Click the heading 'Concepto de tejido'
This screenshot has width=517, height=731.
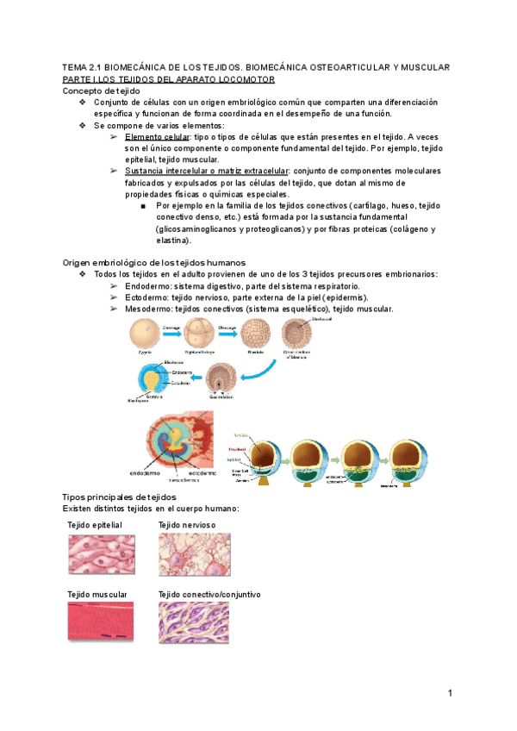tap(102, 91)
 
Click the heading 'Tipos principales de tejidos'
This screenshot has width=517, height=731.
tap(120, 497)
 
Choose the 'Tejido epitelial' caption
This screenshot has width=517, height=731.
tap(95, 525)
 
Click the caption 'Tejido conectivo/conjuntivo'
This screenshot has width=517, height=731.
tap(209, 595)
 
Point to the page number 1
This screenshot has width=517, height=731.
tap(450, 693)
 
